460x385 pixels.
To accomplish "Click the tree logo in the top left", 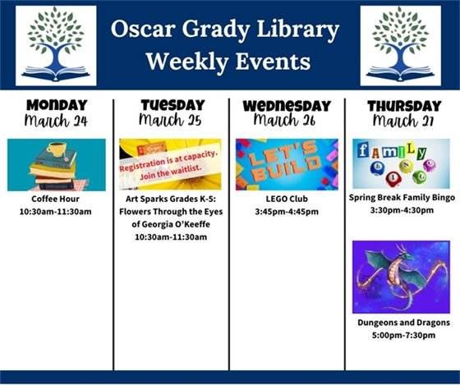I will (56, 45).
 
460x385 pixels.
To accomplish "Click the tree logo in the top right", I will (400, 45).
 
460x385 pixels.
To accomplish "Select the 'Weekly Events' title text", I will (227, 62).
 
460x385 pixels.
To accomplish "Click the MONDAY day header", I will (56, 106).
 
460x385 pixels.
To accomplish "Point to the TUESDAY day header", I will (172, 106).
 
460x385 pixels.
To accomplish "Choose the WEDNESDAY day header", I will (287, 106).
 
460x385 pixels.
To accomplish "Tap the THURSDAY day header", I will (403, 106).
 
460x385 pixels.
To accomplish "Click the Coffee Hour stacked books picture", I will (56, 164).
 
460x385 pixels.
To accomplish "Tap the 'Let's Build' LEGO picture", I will (287, 164).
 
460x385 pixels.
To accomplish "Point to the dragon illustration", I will (401, 276).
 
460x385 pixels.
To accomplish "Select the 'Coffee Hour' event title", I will (56, 199).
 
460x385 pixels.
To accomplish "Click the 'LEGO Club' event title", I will (287, 199).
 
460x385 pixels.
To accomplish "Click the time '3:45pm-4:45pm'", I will (287, 211).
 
